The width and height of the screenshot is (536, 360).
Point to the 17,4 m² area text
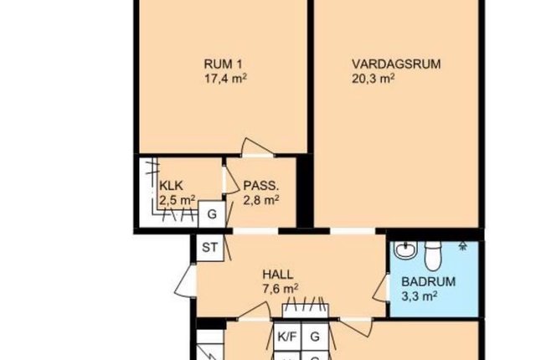[225, 79]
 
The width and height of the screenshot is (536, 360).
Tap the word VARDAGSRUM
[396, 64]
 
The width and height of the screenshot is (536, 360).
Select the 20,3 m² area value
[374, 79]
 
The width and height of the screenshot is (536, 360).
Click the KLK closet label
[171, 186]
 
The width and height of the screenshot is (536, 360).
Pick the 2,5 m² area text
[177, 200]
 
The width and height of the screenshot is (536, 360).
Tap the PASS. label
[261, 186]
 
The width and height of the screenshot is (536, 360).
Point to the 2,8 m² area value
[261, 200]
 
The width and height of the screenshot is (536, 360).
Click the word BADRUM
[428, 282]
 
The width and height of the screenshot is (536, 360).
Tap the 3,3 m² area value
[420, 296]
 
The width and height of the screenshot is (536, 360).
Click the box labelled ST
[210, 247]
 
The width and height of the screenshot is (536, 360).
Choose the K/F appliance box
[287, 337]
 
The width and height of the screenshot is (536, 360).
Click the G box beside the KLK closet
[212, 214]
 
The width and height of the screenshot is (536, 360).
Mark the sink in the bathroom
[406, 250]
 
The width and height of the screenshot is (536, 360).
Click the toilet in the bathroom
[433, 255]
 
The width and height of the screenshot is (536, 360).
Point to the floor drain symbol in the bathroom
[463, 246]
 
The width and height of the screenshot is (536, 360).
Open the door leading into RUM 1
[257, 147]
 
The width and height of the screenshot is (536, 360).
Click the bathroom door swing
[380, 288]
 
